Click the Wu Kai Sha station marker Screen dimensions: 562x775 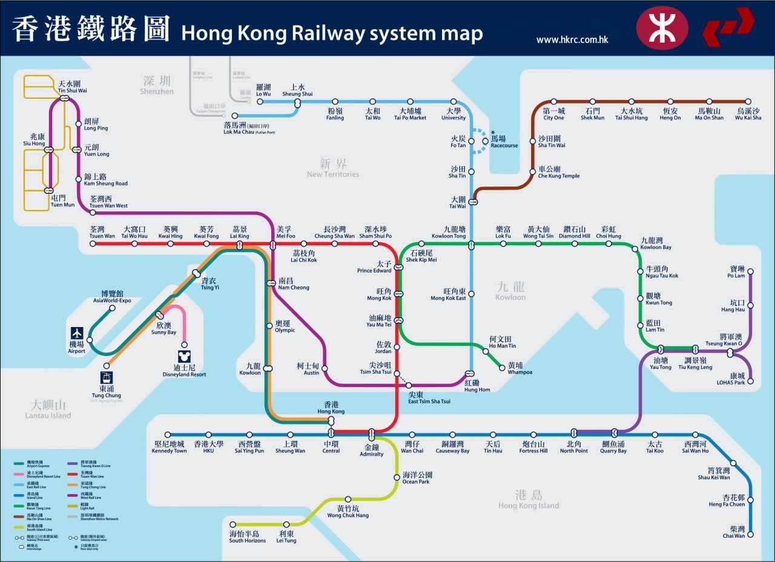[x=748, y=102]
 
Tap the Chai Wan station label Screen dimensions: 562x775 [x=733, y=532]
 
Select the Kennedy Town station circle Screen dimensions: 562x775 [x=168, y=435]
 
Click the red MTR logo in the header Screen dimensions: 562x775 [x=662, y=28]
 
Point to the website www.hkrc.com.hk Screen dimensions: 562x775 [x=572, y=40]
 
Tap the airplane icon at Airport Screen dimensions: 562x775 [x=77, y=333]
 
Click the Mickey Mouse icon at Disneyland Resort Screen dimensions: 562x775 [x=184, y=357]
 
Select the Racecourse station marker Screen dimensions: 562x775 [x=484, y=140]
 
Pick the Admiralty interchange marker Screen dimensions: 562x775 [x=372, y=434]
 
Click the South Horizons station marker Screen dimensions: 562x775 [x=231, y=524]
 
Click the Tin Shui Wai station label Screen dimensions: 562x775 [x=73, y=87]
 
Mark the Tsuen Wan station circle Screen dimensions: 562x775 [x=93, y=243]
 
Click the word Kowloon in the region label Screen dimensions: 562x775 [x=510, y=297]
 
